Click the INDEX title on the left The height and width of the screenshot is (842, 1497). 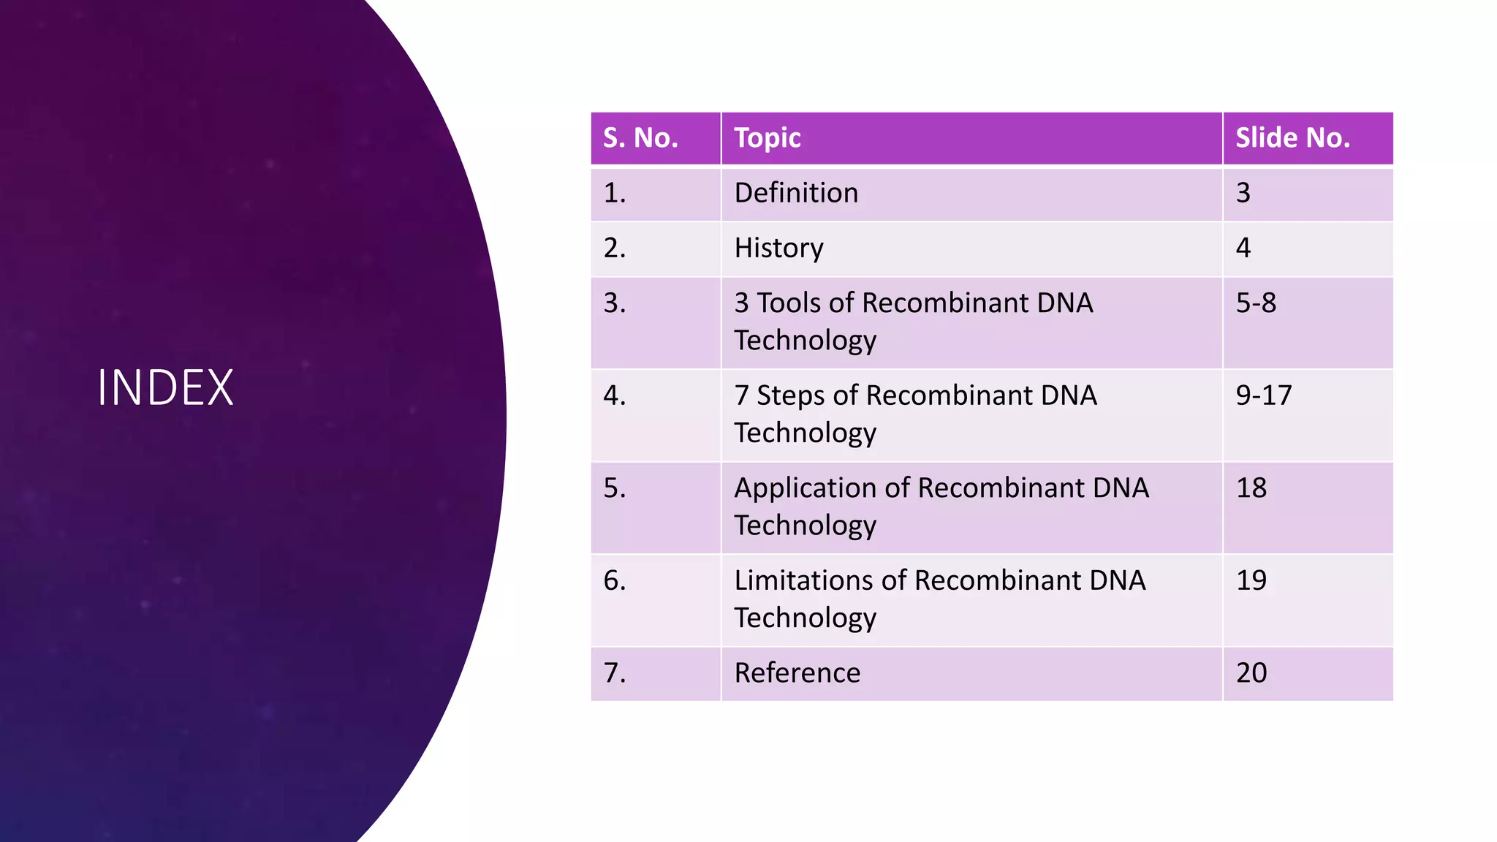click(x=165, y=387)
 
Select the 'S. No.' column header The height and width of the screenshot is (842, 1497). click(x=640, y=137)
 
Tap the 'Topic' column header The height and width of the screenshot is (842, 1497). click(x=767, y=137)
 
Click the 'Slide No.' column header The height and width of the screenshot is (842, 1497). click(x=1292, y=137)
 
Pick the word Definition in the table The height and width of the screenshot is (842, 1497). click(x=796, y=193)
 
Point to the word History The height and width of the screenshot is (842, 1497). click(x=778, y=249)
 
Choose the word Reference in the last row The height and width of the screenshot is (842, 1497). click(x=797, y=673)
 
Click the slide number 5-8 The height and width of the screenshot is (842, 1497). click(x=1256, y=303)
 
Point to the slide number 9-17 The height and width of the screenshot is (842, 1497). click(x=1264, y=395)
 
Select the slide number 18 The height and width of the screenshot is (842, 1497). click(x=1251, y=488)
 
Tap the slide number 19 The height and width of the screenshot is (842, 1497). click(x=1251, y=580)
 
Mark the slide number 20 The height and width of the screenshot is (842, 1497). click(x=1251, y=673)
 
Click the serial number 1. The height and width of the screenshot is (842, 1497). click(x=614, y=193)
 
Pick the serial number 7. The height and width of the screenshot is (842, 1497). click(x=614, y=673)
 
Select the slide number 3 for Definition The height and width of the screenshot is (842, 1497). click(x=1243, y=193)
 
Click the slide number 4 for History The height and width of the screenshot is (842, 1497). click(x=1243, y=249)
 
